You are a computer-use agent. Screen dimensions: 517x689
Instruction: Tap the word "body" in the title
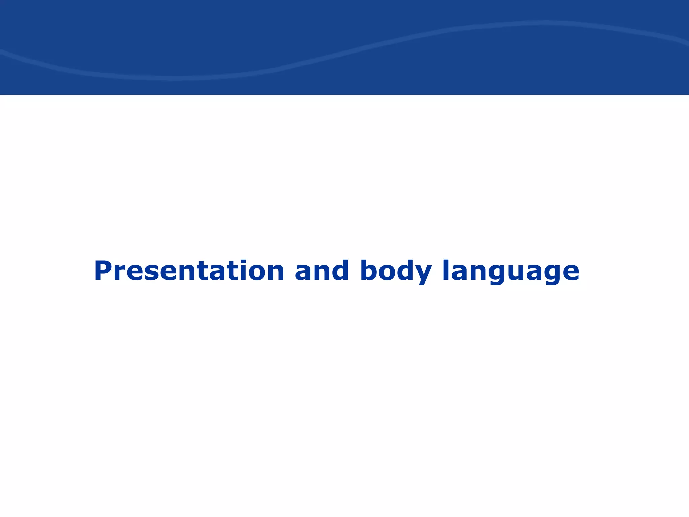396,271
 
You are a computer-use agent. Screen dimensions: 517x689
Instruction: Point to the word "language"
511,271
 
